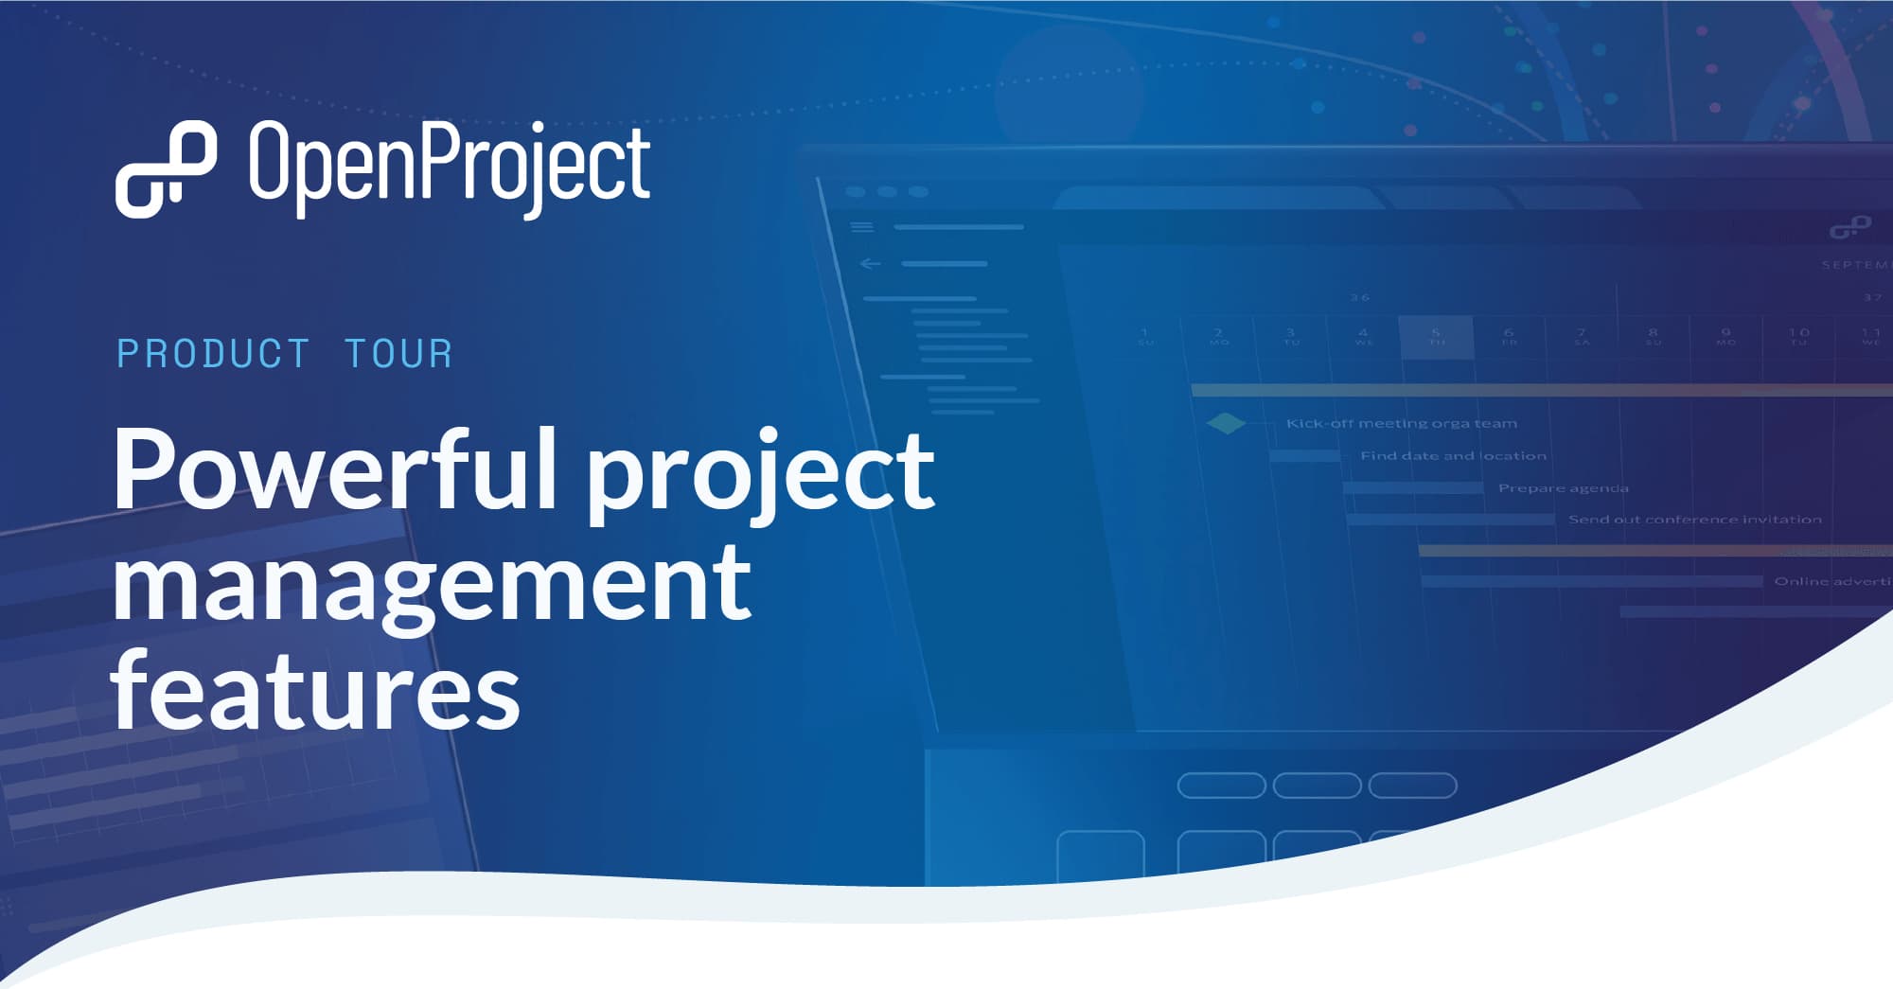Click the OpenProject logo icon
(166, 169)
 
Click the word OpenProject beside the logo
(450, 166)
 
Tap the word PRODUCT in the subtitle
(213, 354)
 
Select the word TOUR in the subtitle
(398, 354)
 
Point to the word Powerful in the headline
(336, 470)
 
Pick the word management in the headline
(432, 584)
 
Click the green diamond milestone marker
(1227, 423)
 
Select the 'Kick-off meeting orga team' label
(1401, 423)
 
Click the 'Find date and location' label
(1453, 455)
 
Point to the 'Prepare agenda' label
(1563, 487)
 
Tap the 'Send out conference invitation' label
(1694, 519)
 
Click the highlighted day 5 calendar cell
(1436, 337)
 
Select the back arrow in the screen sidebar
(870, 263)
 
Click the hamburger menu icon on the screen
(861, 226)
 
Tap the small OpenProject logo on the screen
(1849, 227)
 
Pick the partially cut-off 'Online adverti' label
(1831, 580)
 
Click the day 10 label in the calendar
(1798, 336)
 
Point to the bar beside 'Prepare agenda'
(1413, 487)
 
